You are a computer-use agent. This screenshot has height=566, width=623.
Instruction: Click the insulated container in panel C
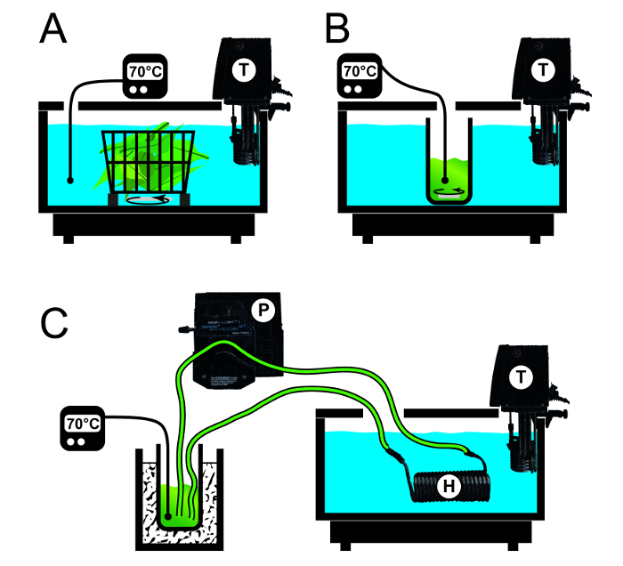coord(178,507)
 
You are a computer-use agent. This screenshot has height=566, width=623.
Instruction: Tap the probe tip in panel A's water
coord(69,180)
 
